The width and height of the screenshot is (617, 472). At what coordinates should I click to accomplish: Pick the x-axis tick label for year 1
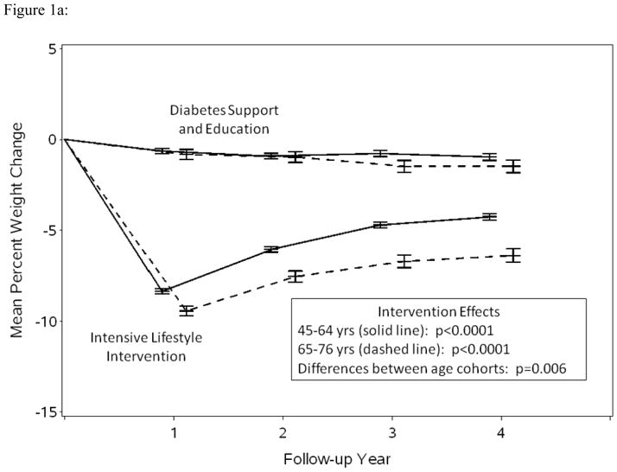[174, 432]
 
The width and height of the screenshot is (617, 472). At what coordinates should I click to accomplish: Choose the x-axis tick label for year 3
[391, 432]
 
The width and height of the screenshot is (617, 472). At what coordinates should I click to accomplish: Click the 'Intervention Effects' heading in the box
[438, 311]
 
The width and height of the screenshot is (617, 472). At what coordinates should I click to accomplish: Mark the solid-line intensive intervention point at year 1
[162, 290]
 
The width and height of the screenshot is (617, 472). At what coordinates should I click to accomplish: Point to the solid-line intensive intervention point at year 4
[489, 216]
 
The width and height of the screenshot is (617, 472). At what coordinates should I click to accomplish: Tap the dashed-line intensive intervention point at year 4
[513, 255]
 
